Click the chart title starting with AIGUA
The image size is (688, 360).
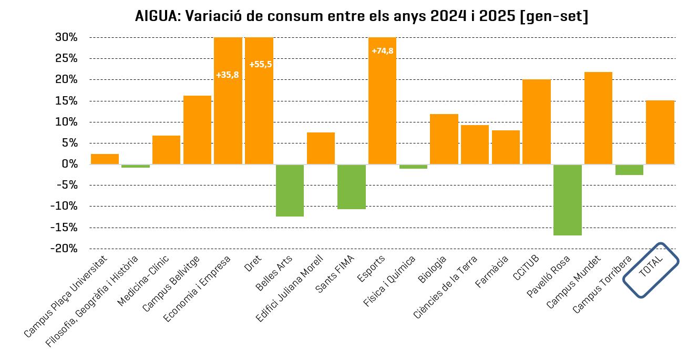pos(362,16)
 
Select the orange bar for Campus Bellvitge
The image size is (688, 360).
pos(197,130)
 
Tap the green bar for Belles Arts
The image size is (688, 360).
pos(290,190)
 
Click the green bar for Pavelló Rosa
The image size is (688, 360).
pos(568,200)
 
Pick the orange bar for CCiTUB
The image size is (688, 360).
pos(536,122)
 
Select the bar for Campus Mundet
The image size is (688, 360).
pos(598,118)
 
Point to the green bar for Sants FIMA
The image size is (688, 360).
pos(351,187)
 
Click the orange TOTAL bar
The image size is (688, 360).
pos(660,132)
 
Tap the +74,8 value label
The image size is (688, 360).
pos(382,51)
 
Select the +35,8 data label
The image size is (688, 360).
pos(227,75)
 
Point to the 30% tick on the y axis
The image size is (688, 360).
pos(67,37)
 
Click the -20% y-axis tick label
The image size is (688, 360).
pos(64,249)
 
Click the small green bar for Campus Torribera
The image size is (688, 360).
pos(629,170)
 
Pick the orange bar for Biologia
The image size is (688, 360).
pos(444,139)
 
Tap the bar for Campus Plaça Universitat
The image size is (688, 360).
pos(105,159)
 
